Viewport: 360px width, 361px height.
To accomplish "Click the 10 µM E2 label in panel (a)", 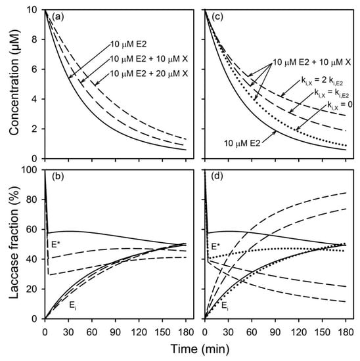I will (x=131, y=45).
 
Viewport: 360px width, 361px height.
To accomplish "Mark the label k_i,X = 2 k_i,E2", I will (x=323, y=83).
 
